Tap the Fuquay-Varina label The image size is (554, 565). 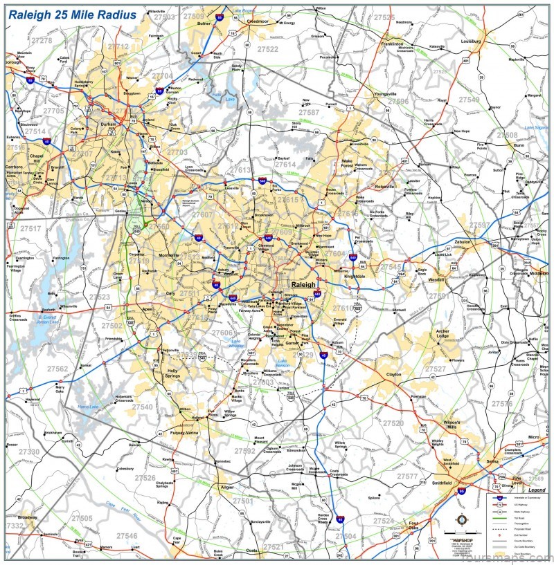pos(184,433)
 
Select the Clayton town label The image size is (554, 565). pos(393,374)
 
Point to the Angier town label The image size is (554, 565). pos(227,487)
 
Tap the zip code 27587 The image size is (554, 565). pos(308,112)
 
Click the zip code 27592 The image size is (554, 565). pos(244,451)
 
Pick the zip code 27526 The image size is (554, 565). pos(145,478)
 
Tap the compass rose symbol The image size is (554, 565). pos(462,519)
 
